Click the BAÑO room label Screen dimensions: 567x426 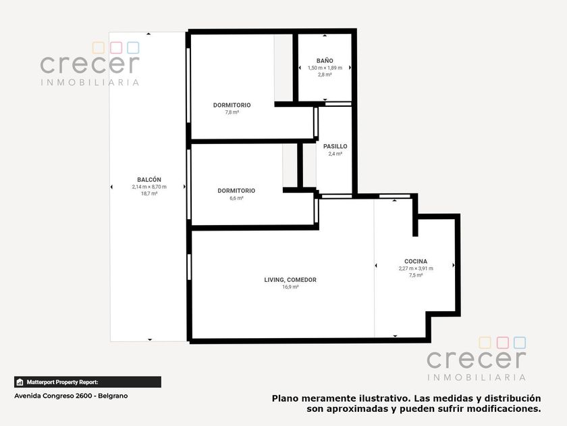tap(325, 61)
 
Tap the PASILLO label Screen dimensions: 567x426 tap(335, 146)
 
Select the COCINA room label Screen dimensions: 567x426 tap(416, 261)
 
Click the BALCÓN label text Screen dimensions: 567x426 tap(149, 179)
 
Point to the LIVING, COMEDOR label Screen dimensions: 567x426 tap(290, 280)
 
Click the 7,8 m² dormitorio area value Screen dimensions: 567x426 tap(232, 112)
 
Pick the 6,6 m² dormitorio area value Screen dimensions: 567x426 tap(236, 198)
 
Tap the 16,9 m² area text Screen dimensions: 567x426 tap(290, 287)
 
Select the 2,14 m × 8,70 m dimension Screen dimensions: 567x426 tap(149, 187)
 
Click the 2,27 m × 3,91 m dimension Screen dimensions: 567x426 tap(416, 268)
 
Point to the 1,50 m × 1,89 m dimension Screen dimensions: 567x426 tap(325, 68)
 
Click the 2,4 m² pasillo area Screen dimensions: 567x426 tap(335, 153)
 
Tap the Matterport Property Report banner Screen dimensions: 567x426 tap(88, 382)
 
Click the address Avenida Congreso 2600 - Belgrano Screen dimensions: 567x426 tap(71, 396)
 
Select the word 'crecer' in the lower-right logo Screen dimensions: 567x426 tap(477, 358)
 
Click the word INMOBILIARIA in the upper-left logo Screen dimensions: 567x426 tap(90, 82)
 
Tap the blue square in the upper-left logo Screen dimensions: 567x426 tap(133, 47)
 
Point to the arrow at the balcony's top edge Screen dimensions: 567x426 tap(148, 34)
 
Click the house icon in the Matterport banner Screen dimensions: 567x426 tap(20, 382)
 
